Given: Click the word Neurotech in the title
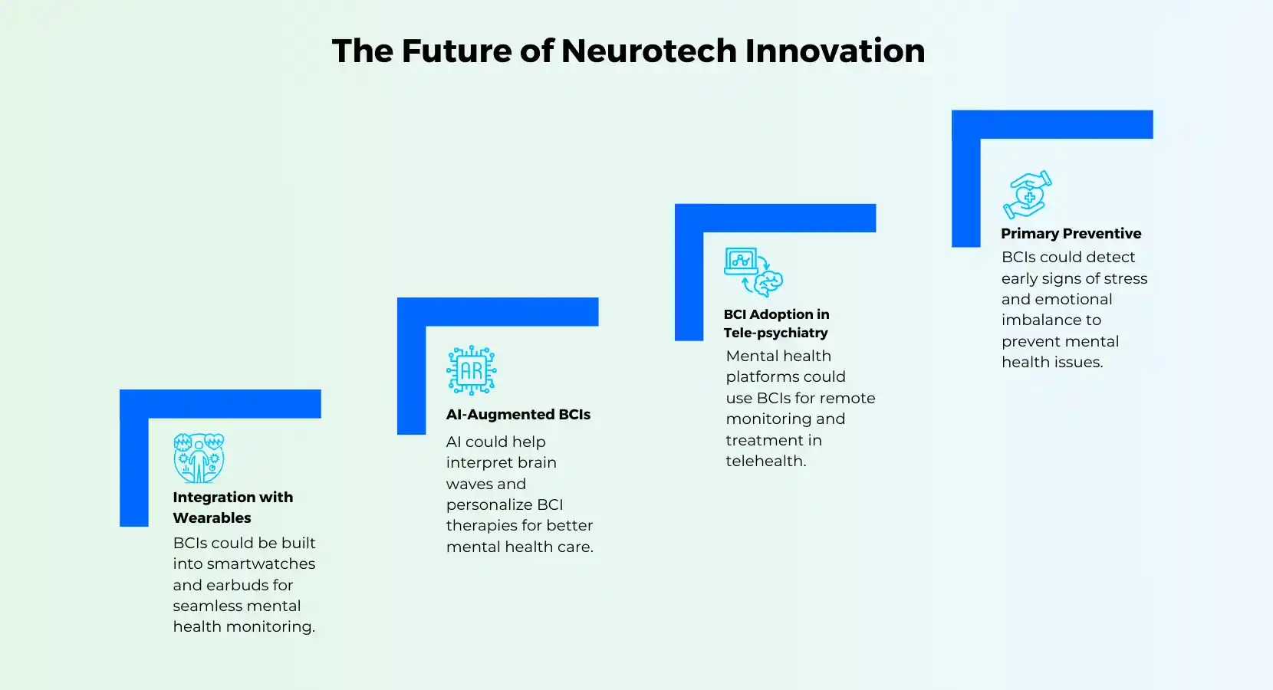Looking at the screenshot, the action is [649, 51].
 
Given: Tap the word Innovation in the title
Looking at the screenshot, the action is [835, 51].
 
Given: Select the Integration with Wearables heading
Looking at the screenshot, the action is [233, 507].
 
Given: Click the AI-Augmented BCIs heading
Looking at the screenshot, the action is [518, 414].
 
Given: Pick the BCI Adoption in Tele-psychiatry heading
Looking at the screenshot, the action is [776, 324].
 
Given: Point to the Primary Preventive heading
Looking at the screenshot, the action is [1071, 234].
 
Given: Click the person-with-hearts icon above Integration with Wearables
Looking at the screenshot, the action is [199, 458].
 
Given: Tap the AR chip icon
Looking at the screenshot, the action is [471, 370].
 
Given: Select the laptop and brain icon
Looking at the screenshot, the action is [754, 271].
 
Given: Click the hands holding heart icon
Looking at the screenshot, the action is [1028, 195].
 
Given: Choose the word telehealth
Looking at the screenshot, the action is [765, 461].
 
